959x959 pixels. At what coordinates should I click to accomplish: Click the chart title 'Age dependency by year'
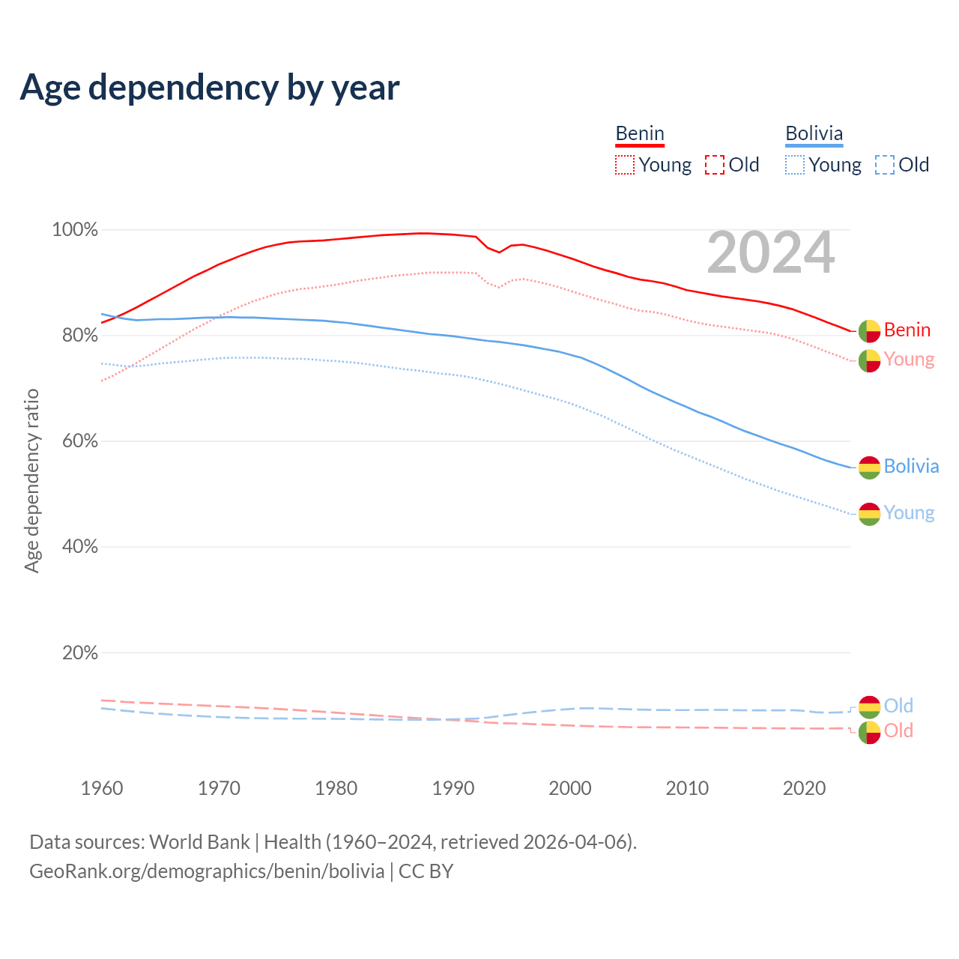[x=210, y=88]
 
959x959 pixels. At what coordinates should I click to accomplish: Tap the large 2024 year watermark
[x=770, y=253]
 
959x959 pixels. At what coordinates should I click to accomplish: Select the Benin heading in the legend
[x=640, y=134]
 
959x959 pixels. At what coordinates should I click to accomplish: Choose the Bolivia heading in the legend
[x=814, y=134]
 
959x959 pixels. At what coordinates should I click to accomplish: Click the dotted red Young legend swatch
[x=624, y=165]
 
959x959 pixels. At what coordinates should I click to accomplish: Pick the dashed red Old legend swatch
[x=715, y=165]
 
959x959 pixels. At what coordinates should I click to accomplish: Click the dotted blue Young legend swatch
[x=795, y=165]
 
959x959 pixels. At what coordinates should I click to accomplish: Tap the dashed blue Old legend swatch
[x=885, y=165]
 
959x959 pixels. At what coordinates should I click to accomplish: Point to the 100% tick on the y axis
[x=75, y=230]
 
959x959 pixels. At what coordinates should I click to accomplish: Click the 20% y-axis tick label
[x=79, y=653]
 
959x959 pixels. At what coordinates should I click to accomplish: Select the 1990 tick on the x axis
[x=453, y=788]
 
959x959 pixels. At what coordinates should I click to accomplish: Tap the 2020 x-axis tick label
[x=804, y=788]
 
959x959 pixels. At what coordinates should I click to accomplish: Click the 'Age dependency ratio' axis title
[x=31, y=480]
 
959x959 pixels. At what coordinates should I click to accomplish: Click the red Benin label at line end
[x=907, y=330]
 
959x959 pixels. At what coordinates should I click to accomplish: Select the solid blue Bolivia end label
[x=911, y=466]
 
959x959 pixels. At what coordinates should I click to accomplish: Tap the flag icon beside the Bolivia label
[x=869, y=468]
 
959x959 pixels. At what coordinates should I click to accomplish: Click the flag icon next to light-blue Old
[x=869, y=707]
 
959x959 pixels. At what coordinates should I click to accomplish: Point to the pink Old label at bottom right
[x=898, y=730]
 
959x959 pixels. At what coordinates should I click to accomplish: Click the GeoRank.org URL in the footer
[x=207, y=871]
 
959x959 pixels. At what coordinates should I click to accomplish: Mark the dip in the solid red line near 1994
[x=500, y=252]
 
